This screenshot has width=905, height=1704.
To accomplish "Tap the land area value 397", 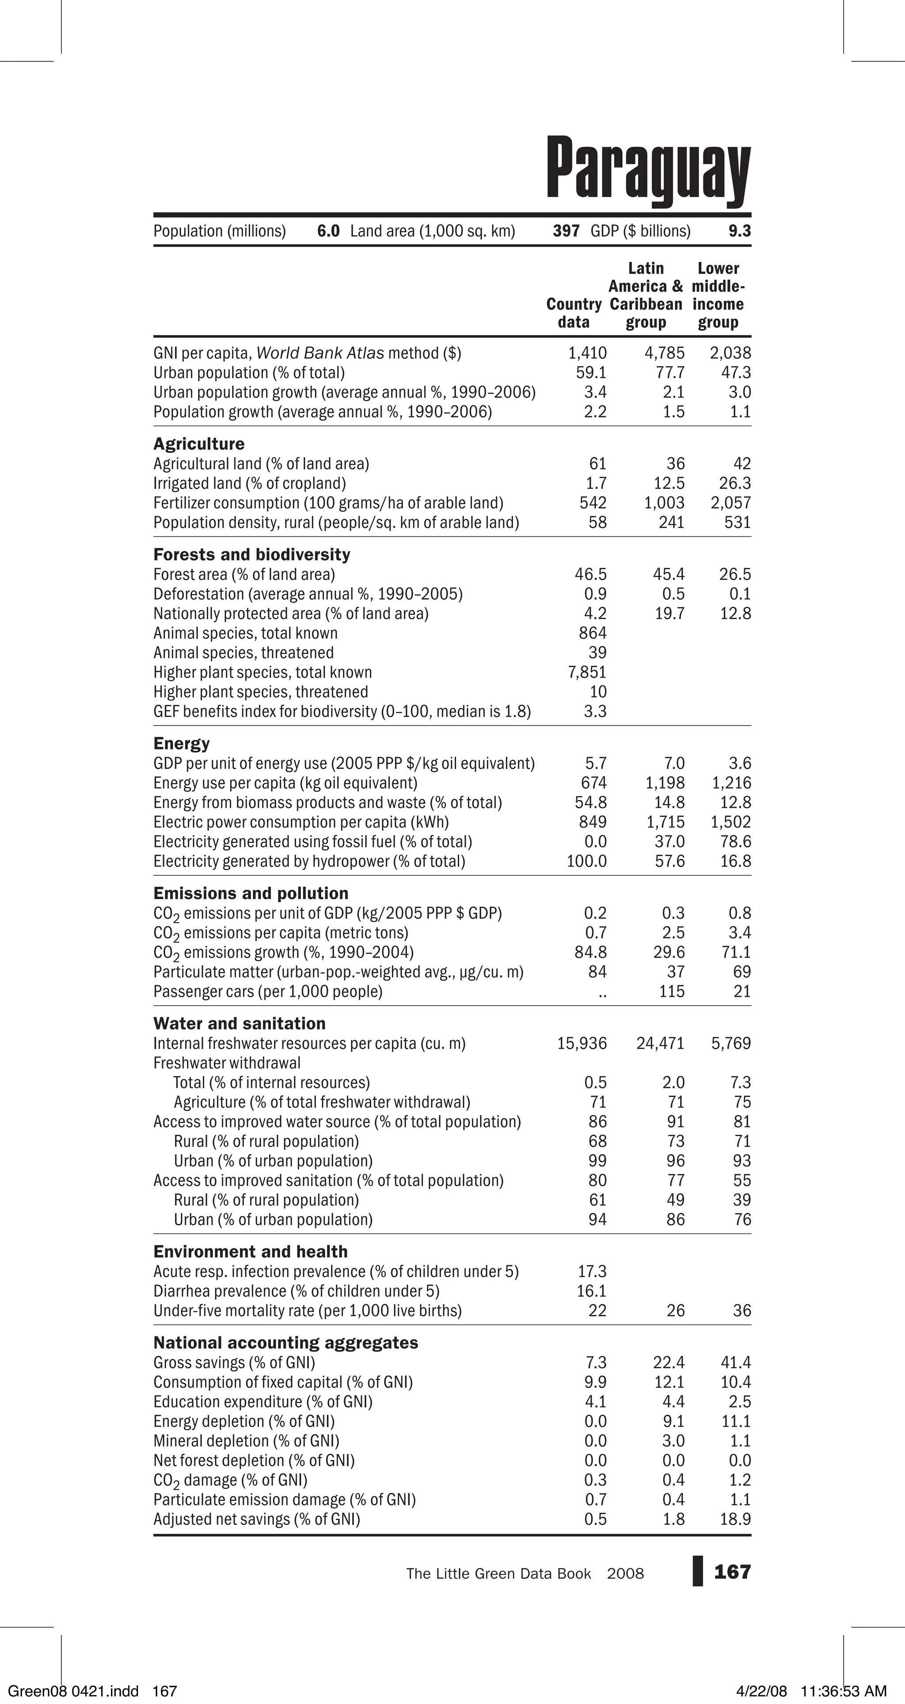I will tap(566, 231).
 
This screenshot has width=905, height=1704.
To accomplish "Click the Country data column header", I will tap(573, 313).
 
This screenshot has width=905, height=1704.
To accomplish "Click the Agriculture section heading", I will tap(198, 444).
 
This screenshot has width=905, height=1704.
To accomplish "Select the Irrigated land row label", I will tap(249, 483).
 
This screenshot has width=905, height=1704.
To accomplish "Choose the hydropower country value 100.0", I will tap(586, 861).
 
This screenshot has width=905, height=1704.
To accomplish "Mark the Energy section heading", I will tap(181, 743).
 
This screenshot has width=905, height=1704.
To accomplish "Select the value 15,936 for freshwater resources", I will tap(582, 1044).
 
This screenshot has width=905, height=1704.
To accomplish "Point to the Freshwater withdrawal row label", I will tap(227, 1063).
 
